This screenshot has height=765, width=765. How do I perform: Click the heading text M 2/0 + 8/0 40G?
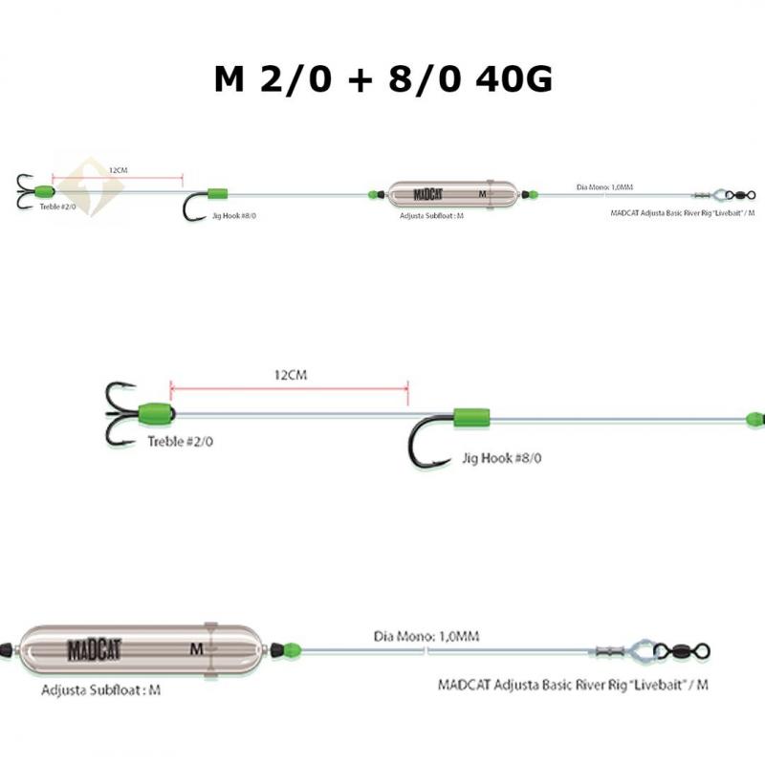[x=382, y=78]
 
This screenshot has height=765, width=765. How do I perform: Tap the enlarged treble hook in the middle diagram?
[x=121, y=413]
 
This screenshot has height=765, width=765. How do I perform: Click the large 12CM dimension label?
[x=290, y=376]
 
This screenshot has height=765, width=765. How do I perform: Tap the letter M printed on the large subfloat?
[x=196, y=647]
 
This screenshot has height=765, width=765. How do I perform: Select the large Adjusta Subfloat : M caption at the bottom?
[x=100, y=689]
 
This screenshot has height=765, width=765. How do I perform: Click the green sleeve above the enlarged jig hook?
[x=471, y=416]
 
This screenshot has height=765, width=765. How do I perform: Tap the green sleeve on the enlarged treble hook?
[x=156, y=414]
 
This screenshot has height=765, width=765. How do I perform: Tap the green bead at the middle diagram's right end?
[x=754, y=419]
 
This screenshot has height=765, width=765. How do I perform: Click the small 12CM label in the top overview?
[x=118, y=169]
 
